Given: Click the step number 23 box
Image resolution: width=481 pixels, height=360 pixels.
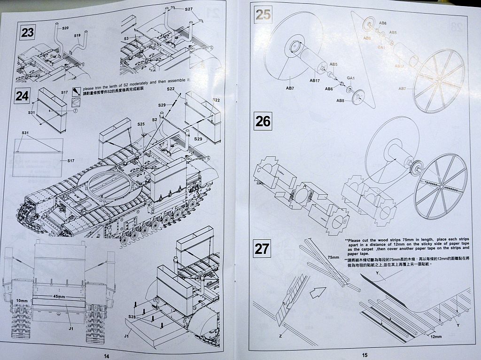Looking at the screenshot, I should pos(28,33).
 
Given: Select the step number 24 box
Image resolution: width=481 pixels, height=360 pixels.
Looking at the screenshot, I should pos(22,96).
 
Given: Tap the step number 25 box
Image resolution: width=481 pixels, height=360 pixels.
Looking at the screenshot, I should pos(263,15).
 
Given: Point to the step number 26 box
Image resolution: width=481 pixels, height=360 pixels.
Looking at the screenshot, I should pos(263,122).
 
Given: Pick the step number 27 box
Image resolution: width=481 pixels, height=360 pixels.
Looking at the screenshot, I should pos(261,248).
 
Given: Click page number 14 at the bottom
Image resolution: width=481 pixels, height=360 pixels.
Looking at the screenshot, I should pos(106,355).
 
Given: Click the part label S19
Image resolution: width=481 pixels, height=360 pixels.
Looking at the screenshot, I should pos(77,36).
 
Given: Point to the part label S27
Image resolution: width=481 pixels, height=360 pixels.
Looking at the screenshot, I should pos(188,9).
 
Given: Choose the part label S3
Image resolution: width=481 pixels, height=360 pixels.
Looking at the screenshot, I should pos(126,38).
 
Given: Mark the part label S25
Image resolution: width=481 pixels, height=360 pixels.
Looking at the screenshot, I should pos(141,123).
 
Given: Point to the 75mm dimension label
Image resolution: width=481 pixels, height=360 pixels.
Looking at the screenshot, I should pos(333,258).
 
